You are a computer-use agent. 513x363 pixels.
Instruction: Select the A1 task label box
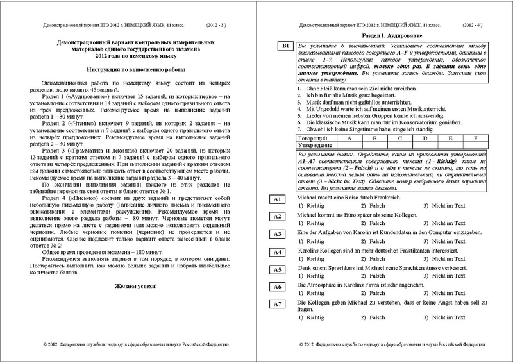point(277,200)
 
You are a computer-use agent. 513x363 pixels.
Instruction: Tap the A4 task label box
point(277,253)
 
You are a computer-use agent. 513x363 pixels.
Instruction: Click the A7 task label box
point(277,305)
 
